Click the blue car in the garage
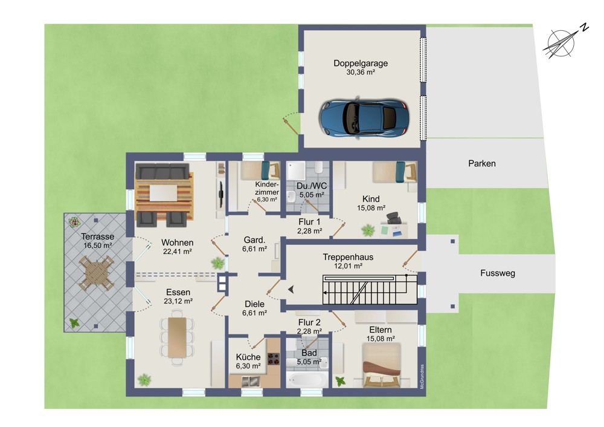364,117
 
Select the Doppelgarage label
361,64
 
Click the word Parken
482,163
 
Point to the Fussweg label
498,273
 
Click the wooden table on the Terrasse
96,273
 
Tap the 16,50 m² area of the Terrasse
98,246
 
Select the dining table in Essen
177,337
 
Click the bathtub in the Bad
307,380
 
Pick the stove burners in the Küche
274,359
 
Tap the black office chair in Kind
394,218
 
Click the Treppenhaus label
348,257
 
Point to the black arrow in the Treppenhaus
291,289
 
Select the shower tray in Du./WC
296,171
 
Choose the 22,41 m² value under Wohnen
178,252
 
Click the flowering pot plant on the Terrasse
74,222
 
